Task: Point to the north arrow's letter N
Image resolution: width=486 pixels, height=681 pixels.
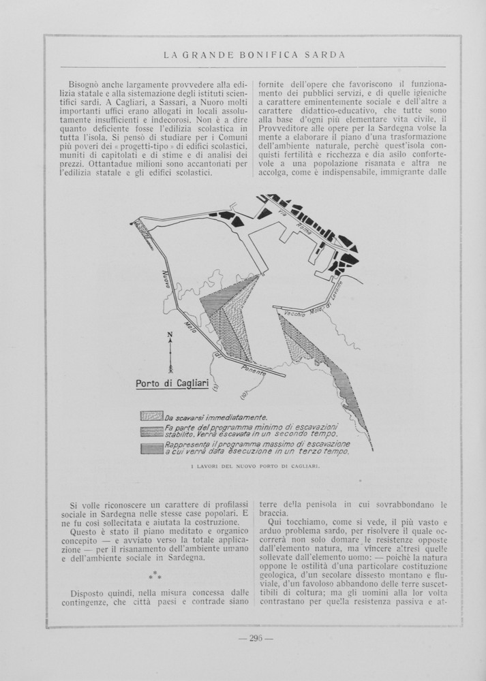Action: click(170, 334)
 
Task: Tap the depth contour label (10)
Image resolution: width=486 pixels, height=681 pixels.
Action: click(243, 394)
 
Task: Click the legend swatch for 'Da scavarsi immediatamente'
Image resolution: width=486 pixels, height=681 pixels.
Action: click(151, 416)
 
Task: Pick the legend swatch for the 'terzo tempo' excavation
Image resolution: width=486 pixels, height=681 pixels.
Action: click(151, 447)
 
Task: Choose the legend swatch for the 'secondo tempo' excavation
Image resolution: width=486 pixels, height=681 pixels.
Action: click(151, 431)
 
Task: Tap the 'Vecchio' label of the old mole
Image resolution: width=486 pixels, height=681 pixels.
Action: click(290, 314)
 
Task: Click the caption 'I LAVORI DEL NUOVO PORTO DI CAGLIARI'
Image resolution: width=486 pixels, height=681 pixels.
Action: click(252, 466)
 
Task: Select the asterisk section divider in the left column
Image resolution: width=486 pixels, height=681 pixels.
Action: click(155, 575)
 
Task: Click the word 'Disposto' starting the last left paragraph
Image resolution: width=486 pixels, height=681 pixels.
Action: click(90, 592)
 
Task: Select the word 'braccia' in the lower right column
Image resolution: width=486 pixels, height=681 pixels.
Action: click(273, 513)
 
